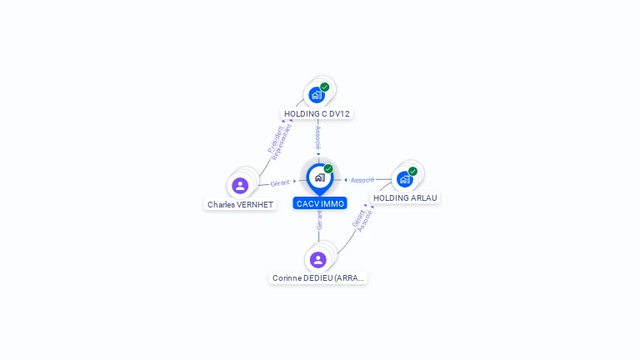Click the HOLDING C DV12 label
pos(317,113)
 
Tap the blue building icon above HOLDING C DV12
pos(316,95)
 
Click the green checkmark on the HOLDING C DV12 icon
pos(325,87)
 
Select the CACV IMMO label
pos(320,203)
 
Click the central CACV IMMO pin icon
pos(319,177)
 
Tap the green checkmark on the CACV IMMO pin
pos(328,169)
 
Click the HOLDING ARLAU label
pos(405,197)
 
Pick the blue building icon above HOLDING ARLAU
pos(404,179)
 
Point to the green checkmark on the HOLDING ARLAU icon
pos(412,172)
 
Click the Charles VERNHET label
pos(240,204)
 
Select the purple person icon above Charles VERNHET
pos(240,186)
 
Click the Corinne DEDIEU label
pos(318,277)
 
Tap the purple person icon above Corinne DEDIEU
pos(318,260)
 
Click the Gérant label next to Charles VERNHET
pos(280,182)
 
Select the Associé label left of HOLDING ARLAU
pos(362,180)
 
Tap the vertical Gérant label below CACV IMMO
pos(319,220)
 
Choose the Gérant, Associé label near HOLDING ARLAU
pos(362,218)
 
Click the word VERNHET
pos(254,204)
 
